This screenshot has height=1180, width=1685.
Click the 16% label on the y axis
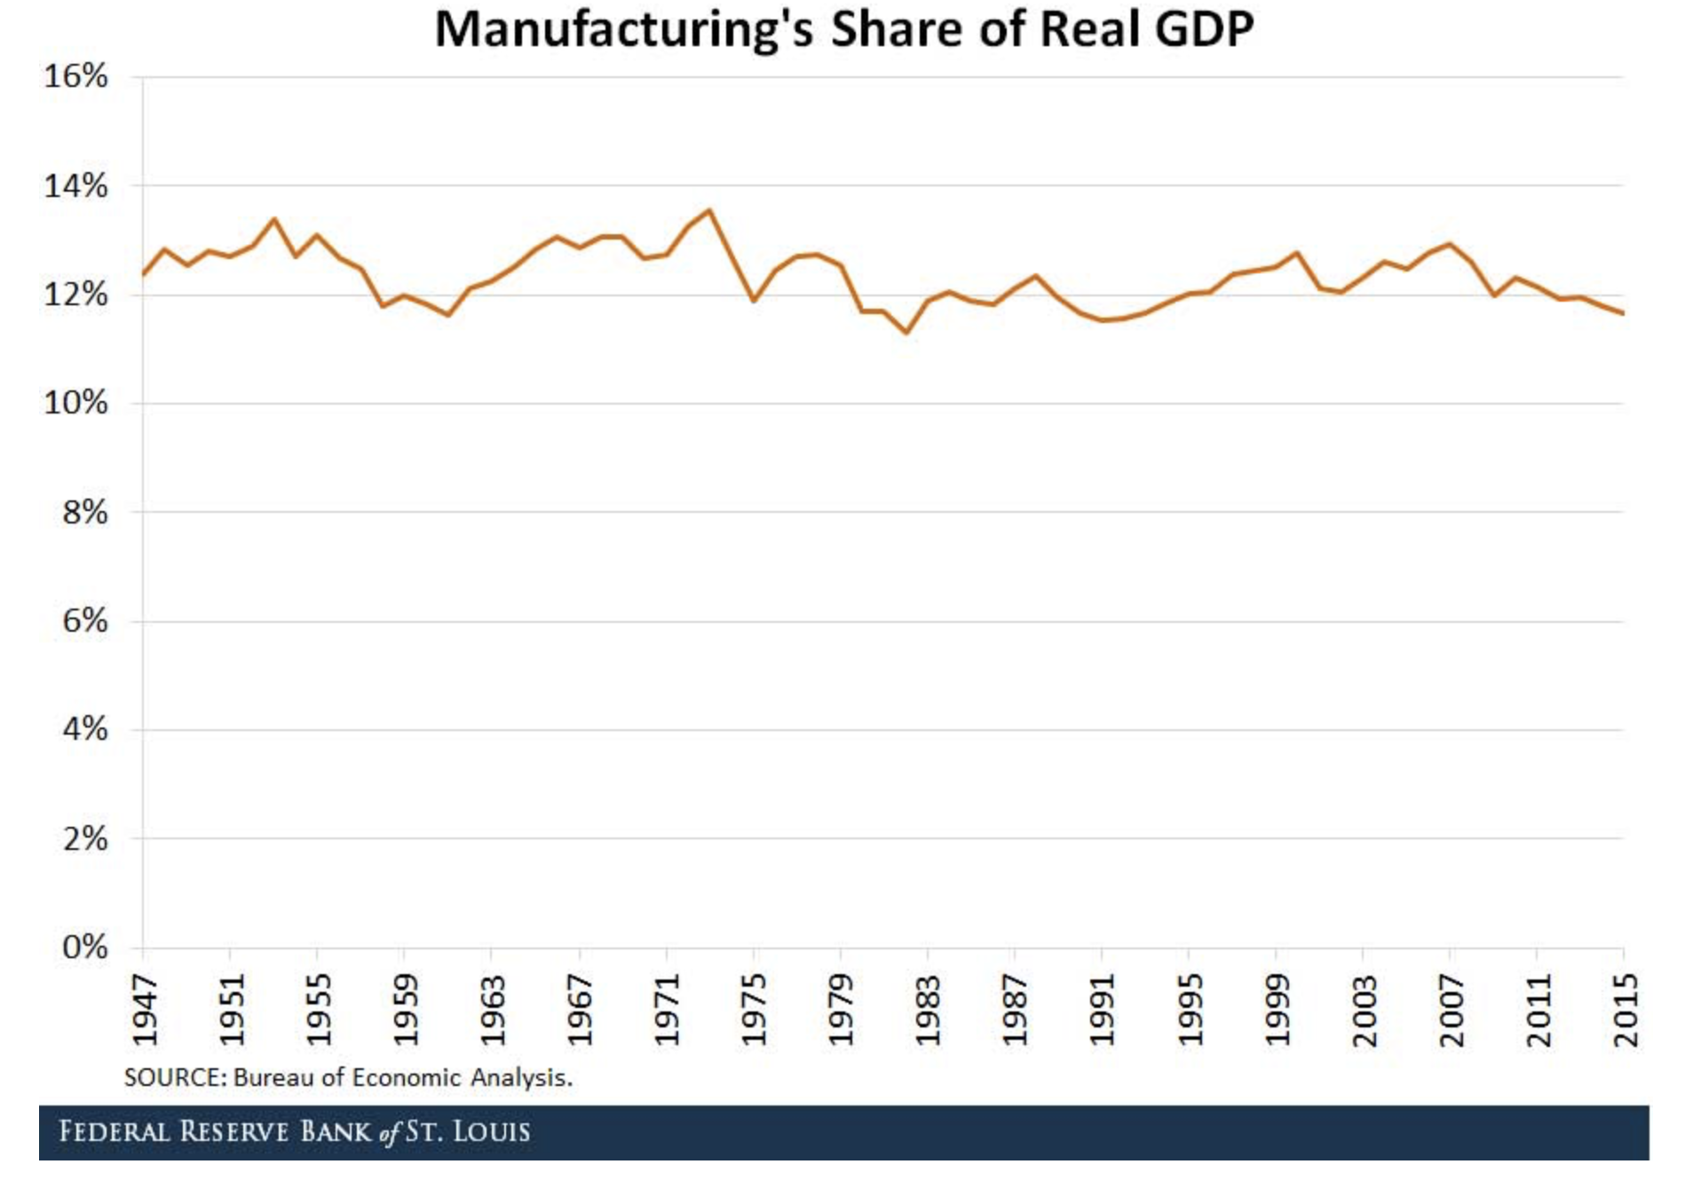[76, 77]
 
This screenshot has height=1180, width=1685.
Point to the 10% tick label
[76, 404]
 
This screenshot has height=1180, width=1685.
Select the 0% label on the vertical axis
[85, 948]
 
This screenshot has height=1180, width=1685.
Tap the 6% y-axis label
[85, 621]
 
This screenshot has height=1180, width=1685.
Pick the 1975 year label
[754, 1011]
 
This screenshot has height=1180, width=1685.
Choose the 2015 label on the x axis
[1626, 1011]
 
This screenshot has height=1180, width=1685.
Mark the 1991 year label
[1102, 1011]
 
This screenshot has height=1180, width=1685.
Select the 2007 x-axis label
[1451, 1011]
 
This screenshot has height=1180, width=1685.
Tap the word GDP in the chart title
[1204, 29]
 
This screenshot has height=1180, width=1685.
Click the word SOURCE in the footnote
[175, 1078]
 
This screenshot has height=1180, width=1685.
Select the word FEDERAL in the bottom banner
[114, 1132]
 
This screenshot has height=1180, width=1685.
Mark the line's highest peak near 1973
[709, 210]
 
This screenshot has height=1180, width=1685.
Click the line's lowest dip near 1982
[906, 333]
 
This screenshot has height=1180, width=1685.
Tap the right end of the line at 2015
[1624, 313]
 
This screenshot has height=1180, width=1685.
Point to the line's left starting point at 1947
[144, 274]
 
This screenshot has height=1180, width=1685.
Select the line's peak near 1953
[274, 219]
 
